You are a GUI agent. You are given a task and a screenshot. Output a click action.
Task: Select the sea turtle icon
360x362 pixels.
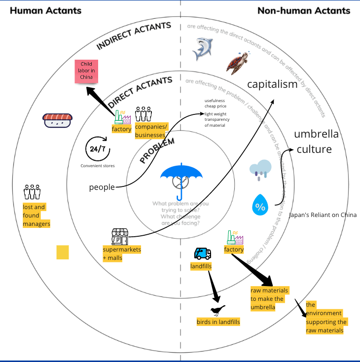point(237,63)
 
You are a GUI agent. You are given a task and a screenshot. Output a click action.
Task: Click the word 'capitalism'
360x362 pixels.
point(272,84)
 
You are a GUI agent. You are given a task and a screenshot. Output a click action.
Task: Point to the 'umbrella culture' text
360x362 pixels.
point(316,142)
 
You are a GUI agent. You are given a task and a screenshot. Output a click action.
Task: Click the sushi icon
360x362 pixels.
point(57,119)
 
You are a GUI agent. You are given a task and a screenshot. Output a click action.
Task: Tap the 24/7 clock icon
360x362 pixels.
point(98,148)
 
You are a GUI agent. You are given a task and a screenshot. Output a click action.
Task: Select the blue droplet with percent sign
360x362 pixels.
point(260,205)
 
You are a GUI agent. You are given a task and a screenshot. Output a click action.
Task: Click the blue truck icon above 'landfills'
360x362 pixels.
point(202,253)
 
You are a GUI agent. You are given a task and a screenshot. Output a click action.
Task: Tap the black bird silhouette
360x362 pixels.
point(217,310)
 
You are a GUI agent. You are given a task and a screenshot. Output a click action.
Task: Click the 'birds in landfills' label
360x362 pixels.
point(218,322)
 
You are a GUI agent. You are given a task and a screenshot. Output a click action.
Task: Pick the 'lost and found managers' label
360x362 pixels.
point(36,216)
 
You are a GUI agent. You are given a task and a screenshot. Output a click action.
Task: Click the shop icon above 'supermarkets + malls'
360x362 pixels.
point(119,236)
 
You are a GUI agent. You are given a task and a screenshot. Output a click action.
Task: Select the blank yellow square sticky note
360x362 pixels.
point(63,253)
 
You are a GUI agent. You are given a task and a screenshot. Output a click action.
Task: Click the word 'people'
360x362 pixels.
point(102,187)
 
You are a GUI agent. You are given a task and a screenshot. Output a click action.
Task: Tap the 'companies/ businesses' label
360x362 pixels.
point(151,131)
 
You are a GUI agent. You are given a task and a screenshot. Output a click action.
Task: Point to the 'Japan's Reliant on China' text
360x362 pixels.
point(323,215)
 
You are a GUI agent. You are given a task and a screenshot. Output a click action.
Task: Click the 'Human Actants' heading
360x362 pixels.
point(46,10)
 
